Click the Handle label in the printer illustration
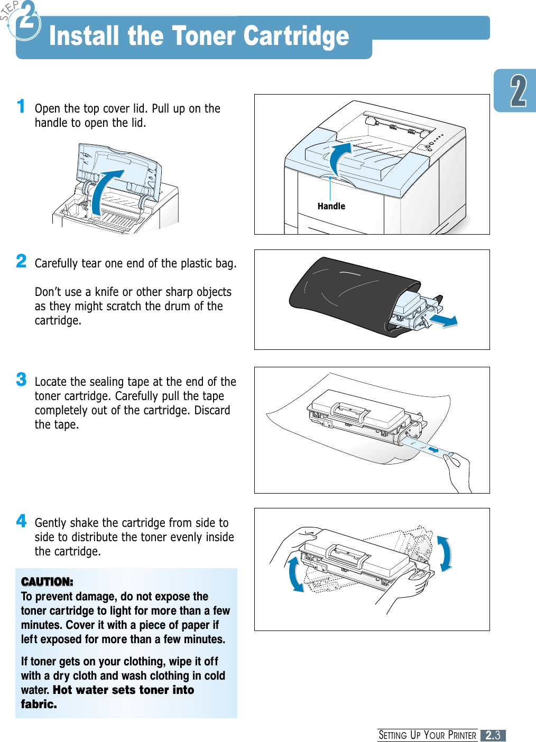(331, 206)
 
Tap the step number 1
(21, 106)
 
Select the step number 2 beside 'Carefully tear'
(21, 261)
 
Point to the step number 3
(21, 379)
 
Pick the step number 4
(21, 521)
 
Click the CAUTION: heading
(47, 582)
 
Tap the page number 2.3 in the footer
(493, 735)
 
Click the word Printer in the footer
(462, 735)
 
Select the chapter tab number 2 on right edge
(518, 91)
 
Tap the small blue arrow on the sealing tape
(433, 450)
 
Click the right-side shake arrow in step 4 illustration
(445, 553)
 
